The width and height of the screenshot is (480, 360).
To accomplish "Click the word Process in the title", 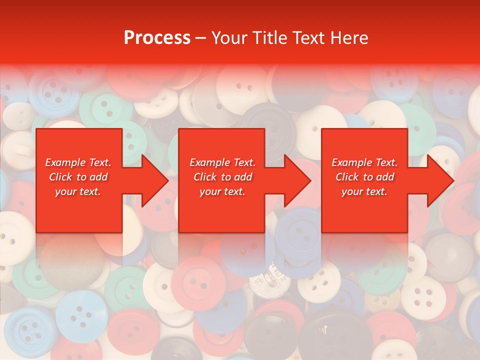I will [x=157, y=38].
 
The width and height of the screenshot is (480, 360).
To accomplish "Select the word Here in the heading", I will [x=350, y=38].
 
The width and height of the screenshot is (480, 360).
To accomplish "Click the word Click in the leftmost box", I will [x=61, y=177].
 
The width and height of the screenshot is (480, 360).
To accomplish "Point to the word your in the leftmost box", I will [x=66, y=191].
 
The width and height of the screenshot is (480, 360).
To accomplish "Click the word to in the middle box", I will [x=226, y=177].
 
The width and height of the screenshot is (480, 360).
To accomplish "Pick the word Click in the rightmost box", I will [x=347, y=177].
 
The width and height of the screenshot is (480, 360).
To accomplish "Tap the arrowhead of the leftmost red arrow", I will [x=154, y=180].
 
